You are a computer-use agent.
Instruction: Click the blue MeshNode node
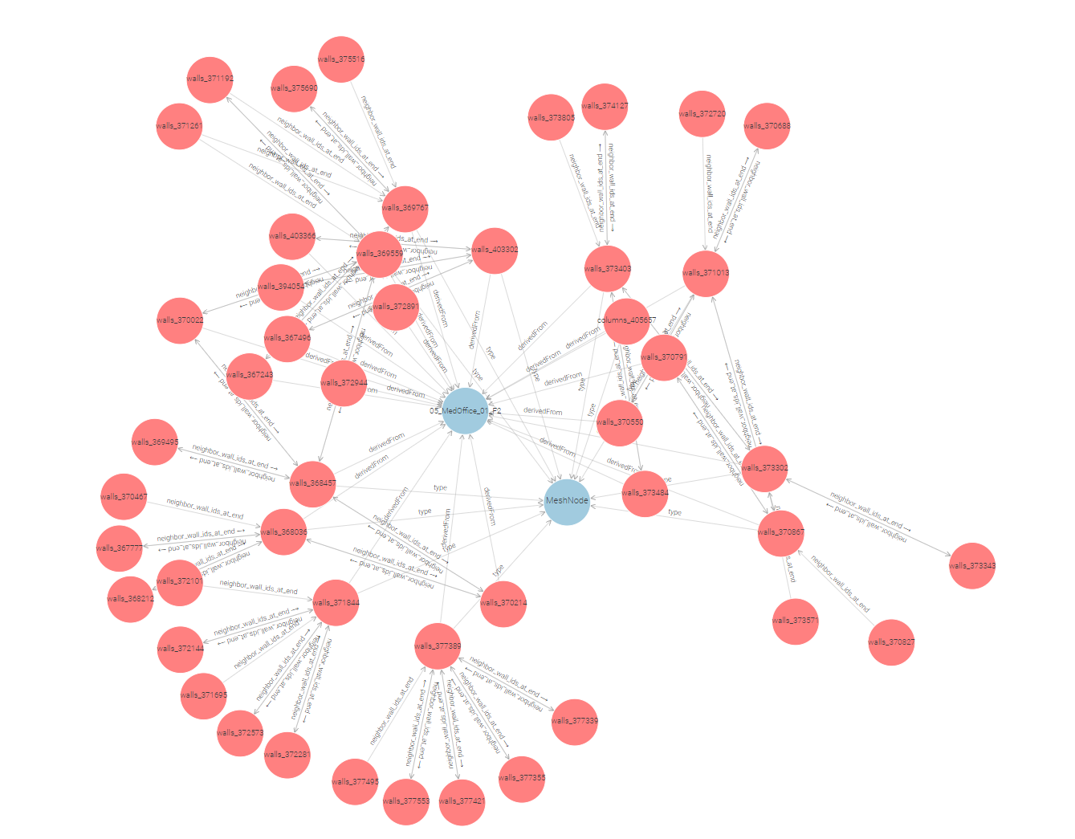(x=567, y=500)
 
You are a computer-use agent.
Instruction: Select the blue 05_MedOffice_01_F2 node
(x=466, y=410)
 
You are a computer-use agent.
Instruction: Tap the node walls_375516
(x=341, y=59)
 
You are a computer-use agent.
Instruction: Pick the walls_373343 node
(x=971, y=566)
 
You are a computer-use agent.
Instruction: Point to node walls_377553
(x=406, y=801)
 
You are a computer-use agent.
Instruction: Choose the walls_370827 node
(x=891, y=642)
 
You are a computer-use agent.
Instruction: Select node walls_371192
(x=210, y=79)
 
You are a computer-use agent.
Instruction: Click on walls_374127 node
(x=605, y=106)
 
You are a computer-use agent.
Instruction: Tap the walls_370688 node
(x=767, y=126)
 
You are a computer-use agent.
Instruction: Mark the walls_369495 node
(x=155, y=442)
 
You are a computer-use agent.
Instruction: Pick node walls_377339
(x=574, y=721)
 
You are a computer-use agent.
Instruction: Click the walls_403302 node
(x=495, y=250)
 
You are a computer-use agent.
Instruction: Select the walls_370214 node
(x=503, y=603)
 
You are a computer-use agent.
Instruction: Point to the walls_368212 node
(x=130, y=599)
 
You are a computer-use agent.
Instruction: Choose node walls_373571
(x=795, y=621)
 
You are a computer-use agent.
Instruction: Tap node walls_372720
(x=702, y=114)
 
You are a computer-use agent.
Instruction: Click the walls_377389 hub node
(x=438, y=646)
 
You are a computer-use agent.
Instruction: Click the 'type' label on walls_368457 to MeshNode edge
(x=440, y=488)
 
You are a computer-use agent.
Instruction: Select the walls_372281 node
(x=287, y=755)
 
